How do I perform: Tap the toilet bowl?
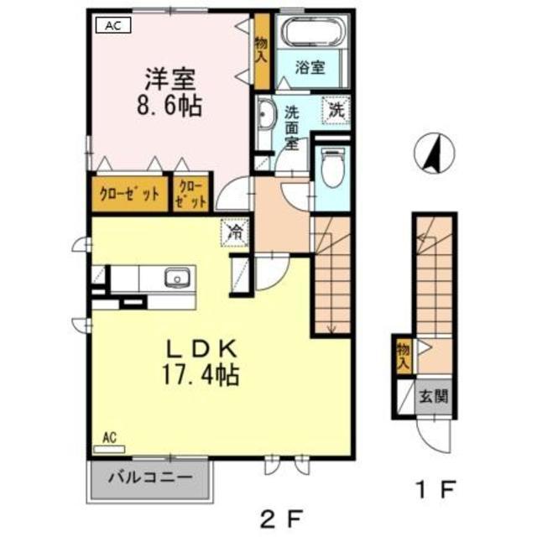tap(332, 168)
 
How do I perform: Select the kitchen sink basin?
tap(177, 277)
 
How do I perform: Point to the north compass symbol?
tap(435, 153)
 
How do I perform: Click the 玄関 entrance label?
tap(434, 397)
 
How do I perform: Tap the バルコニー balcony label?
tap(150, 477)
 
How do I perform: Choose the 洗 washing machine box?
tap(336, 110)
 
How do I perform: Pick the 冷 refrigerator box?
tap(235, 232)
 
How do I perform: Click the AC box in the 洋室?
tap(113, 25)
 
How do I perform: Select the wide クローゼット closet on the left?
tap(129, 194)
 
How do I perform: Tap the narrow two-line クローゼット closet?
tap(190, 194)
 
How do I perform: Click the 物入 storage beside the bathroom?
tap(262, 51)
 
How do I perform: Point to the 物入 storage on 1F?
tap(404, 356)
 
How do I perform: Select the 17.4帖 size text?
tap(201, 375)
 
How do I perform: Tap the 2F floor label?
tap(282, 519)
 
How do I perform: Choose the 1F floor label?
tap(435, 489)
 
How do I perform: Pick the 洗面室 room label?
tap(292, 128)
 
